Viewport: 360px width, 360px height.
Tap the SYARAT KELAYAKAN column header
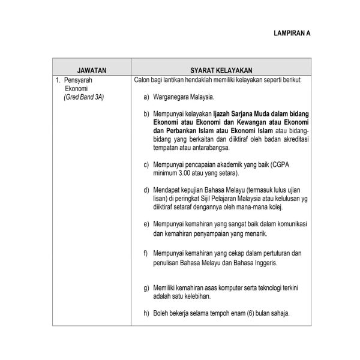[220, 70]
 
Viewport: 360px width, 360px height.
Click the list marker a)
[146, 96]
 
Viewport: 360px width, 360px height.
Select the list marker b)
[146, 113]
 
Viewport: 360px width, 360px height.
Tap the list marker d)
[146, 190]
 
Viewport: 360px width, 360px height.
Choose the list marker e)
[146, 223]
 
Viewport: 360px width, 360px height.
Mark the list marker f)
[146, 253]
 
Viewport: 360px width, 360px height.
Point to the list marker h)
[146, 313]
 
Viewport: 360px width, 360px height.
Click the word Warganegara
[175, 96]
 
